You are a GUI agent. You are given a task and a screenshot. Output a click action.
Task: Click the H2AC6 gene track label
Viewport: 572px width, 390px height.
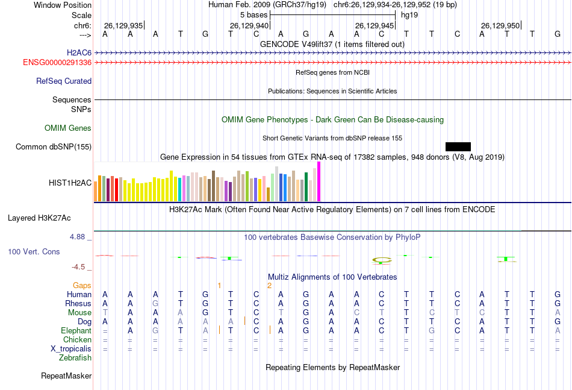[x=79, y=53]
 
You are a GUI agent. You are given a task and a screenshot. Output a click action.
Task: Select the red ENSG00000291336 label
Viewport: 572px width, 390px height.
[x=57, y=62]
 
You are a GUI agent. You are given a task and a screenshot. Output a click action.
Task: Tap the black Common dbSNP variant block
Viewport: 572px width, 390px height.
[x=458, y=146]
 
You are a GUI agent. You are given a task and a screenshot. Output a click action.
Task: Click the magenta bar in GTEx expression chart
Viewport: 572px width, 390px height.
[x=319, y=181]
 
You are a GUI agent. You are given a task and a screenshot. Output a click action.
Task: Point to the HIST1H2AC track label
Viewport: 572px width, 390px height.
[x=70, y=182]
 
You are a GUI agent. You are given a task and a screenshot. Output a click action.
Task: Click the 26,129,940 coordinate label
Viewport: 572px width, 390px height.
[x=249, y=26]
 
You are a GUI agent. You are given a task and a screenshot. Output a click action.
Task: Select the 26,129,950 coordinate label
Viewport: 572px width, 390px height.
[x=500, y=26]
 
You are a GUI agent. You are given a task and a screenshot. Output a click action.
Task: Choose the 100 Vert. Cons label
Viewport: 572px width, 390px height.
[x=34, y=251]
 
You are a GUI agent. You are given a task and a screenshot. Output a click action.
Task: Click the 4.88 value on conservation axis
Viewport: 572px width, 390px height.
[x=78, y=237]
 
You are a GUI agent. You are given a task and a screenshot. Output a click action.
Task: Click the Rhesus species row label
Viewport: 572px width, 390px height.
[x=79, y=303]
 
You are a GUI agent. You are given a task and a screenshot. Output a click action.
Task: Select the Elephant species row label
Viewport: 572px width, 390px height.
[x=76, y=330]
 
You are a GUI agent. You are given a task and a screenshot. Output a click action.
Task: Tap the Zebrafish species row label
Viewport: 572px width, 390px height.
[x=75, y=357]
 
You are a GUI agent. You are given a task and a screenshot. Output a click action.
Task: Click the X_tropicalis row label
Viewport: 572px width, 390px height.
[x=71, y=348]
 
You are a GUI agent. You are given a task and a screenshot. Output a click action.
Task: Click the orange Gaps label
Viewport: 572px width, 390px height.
[x=82, y=285]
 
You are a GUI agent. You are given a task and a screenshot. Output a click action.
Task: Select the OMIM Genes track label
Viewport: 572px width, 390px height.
[x=68, y=128]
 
